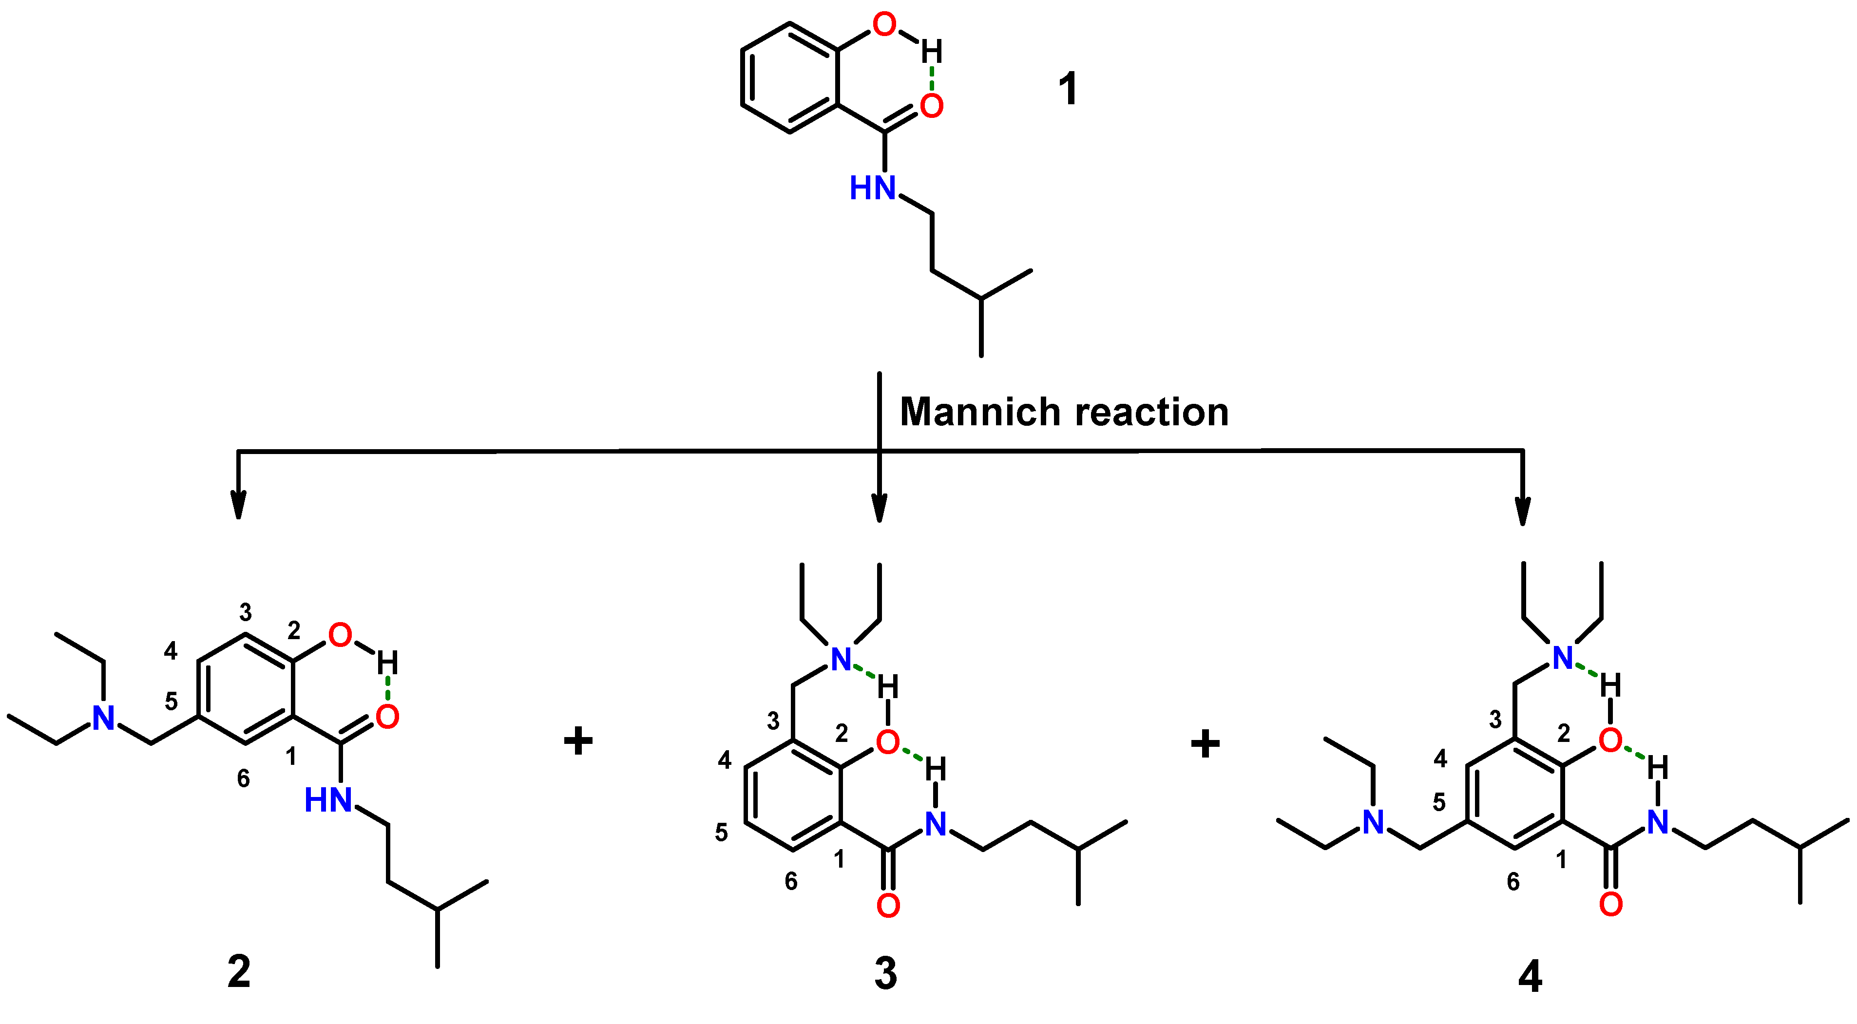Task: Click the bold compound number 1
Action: pos(1068,89)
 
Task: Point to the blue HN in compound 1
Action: pos(872,188)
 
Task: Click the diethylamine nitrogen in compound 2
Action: pos(104,718)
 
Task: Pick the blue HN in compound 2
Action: pos(328,800)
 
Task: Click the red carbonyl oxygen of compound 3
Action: pos(888,906)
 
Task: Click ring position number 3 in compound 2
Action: pos(246,612)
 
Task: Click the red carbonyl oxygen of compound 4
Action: pos(1610,904)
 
